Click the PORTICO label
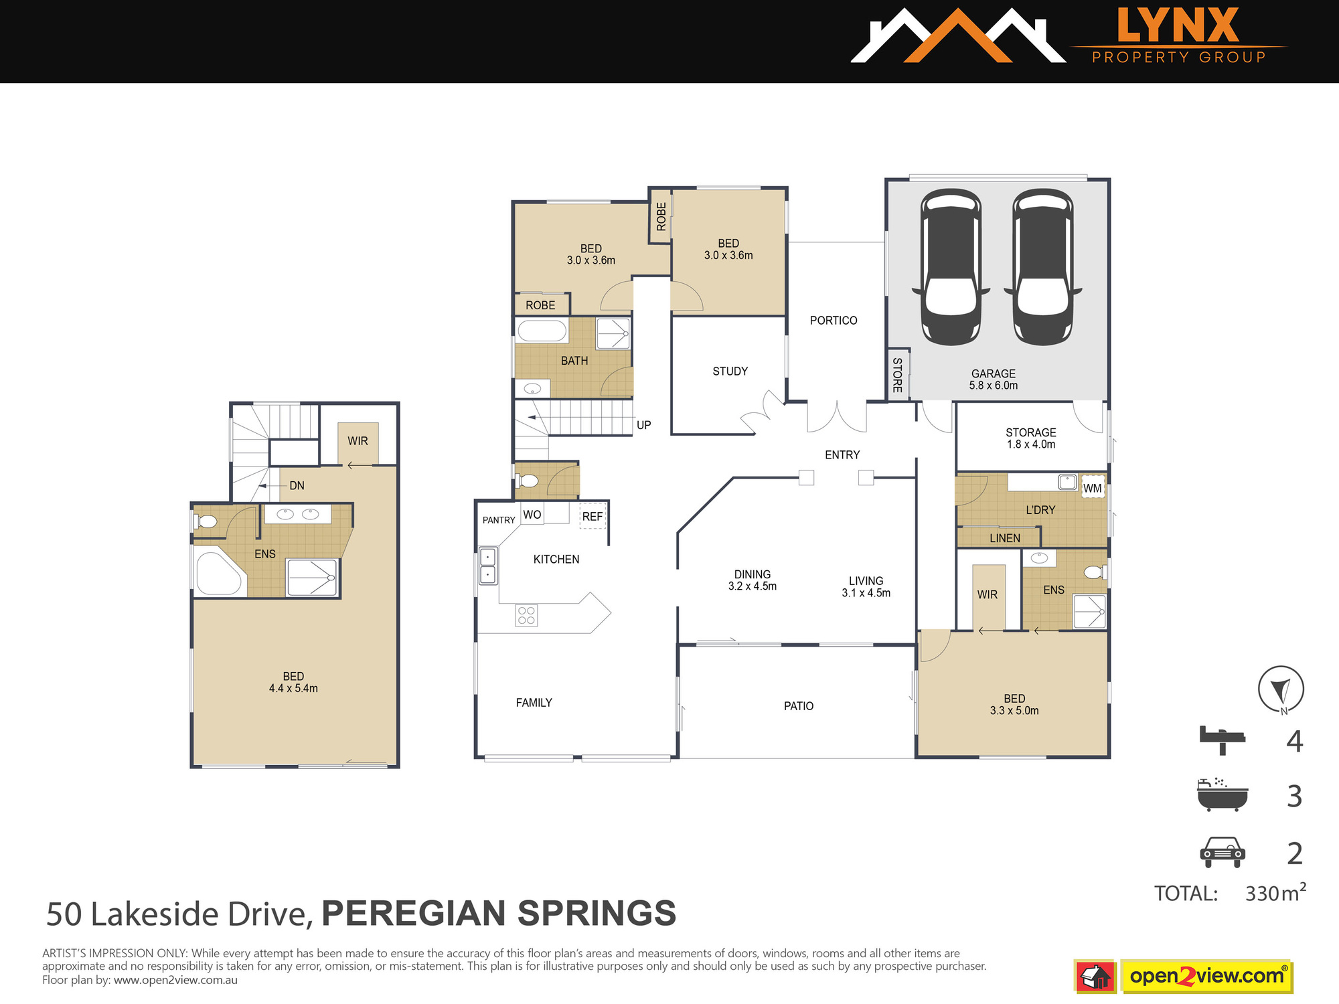[834, 321]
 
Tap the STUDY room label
[730, 371]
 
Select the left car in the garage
[951, 267]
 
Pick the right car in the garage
[1043, 267]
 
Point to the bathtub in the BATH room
[542, 331]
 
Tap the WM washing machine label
[1093, 488]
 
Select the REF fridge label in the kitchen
[592, 517]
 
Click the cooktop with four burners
[526, 615]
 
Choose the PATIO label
[799, 706]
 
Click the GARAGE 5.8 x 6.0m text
[994, 380]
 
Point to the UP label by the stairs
[644, 425]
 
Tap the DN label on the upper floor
[297, 486]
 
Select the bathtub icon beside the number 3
[1223, 795]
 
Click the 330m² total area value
[1275, 893]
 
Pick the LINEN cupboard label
[1005, 538]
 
